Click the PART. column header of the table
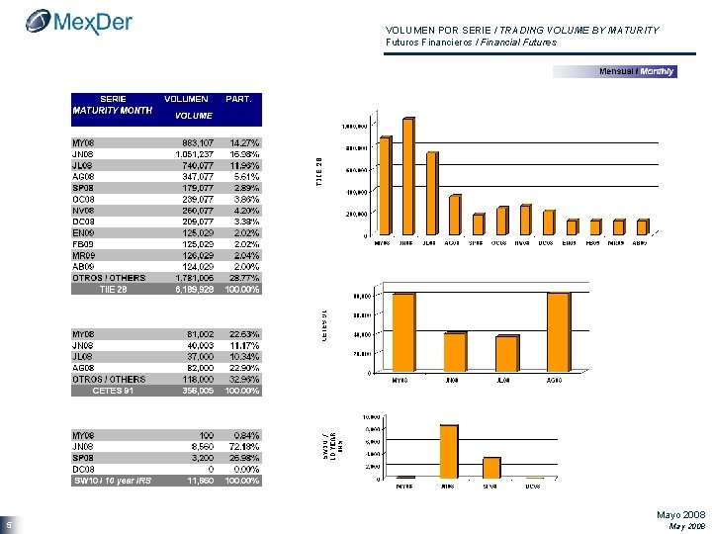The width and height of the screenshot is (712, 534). coord(239,99)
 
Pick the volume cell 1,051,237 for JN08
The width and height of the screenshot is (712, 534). coord(186,153)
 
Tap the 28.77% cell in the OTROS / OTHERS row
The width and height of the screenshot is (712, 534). coord(242,278)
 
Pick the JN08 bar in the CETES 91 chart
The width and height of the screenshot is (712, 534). coord(455,352)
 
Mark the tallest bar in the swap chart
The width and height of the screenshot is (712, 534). coord(449,451)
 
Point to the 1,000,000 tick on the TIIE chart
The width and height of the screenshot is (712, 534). coord(354,127)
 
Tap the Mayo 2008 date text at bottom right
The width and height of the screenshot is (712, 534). coord(680,515)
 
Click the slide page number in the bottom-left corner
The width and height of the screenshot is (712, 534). coord(7,525)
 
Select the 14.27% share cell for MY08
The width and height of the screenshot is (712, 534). coord(242,142)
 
